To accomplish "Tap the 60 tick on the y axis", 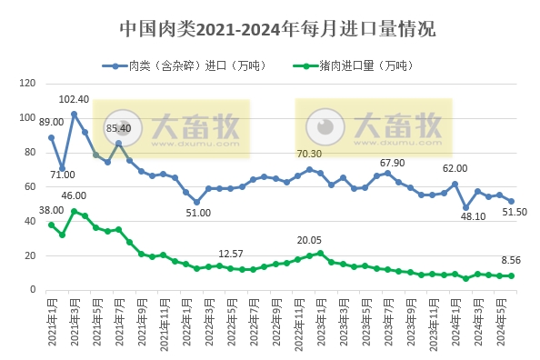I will tap(26, 186).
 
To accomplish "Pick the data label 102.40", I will tap(74, 99).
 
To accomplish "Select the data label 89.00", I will tap(51, 122).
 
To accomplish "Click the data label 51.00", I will tap(198, 213).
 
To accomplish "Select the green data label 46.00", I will tap(74, 195).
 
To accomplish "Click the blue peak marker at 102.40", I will tap(74, 114).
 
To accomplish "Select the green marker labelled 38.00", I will tap(51, 225).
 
